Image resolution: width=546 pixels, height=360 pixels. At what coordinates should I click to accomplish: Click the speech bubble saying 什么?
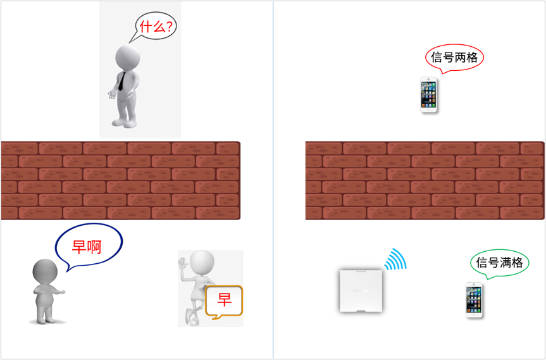coord(156,27)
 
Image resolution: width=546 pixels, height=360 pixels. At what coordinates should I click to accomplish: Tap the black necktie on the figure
coord(121,81)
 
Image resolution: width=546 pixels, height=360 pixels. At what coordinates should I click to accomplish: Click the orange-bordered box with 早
coord(224,302)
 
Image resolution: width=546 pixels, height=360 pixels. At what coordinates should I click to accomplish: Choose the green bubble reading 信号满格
coord(499,263)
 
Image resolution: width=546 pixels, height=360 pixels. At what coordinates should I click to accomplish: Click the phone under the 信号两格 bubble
coord(428,95)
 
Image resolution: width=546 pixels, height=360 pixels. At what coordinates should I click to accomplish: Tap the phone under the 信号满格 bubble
coord(475,300)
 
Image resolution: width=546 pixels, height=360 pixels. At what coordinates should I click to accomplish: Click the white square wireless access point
coord(361,290)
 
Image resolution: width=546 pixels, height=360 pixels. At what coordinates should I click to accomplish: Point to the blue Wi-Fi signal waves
coord(395,259)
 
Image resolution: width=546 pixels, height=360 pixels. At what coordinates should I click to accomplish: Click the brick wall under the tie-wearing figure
coord(120,181)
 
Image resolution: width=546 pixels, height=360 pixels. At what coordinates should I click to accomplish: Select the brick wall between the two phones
coord(425,181)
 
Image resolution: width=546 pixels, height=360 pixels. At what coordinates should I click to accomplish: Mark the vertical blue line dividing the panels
coord(273,180)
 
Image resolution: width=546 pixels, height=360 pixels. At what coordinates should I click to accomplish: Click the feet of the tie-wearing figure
coord(124,123)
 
